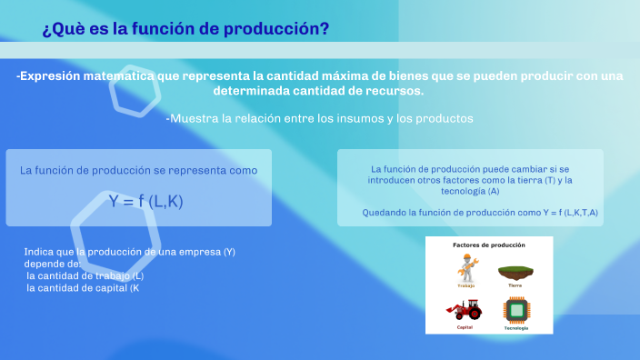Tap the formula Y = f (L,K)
pos(145,202)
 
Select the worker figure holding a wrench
pos(465,267)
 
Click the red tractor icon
pos(465,311)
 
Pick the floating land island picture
pos(515,270)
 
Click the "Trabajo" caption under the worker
pos(465,285)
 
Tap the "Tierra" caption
pos(515,285)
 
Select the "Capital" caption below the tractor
pos(465,327)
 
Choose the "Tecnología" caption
pos(515,327)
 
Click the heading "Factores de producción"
pos(489,245)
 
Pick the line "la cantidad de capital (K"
pos(83,288)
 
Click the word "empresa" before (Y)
pos(196,252)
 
